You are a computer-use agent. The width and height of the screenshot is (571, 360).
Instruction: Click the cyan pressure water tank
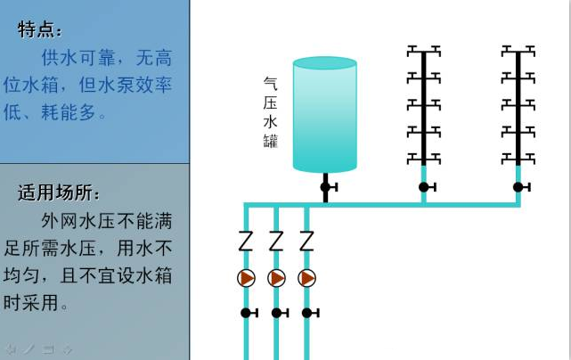(x=324, y=114)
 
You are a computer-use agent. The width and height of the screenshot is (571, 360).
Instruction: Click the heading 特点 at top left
(x=40, y=29)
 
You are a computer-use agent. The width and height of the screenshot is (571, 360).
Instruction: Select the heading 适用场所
(x=59, y=192)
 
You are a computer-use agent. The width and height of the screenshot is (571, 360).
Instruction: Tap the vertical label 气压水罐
(x=270, y=112)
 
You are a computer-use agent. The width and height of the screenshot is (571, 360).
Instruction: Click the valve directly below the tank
(x=326, y=186)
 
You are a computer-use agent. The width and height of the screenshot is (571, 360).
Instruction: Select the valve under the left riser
(x=425, y=187)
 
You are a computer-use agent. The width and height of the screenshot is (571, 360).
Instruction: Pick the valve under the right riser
(x=518, y=187)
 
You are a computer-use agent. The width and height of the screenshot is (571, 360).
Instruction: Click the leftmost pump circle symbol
(x=247, y=278)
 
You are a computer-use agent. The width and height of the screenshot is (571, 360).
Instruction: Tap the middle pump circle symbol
(x=277, y=278)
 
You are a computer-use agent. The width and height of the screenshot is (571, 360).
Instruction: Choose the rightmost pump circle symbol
(x=307, y=278)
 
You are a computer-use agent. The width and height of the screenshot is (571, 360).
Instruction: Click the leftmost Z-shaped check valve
(x=247, y=241)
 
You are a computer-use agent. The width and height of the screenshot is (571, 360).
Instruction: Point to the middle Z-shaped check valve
(x=277, y=241)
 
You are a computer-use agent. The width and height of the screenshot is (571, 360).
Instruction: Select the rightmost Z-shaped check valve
(x=307, y=241)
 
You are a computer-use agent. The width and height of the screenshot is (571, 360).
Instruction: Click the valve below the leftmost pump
(x=248, y=313)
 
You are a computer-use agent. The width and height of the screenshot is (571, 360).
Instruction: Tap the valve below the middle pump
(x=278, y=313)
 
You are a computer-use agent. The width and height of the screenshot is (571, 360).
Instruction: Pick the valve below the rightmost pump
(x=308, y=313)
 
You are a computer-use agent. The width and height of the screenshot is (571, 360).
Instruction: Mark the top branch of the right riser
(x=518, y=49)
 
